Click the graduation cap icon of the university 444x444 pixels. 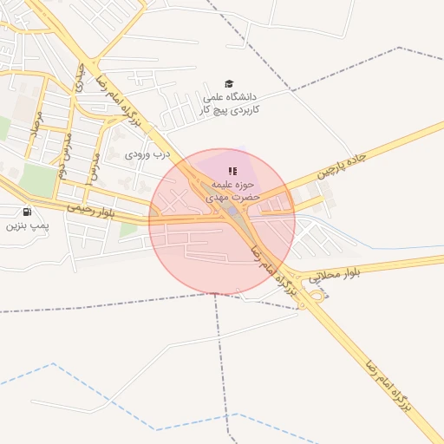click(229, 84)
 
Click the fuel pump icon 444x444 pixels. click(28, 212)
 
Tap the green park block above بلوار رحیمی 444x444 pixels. click(36, 180)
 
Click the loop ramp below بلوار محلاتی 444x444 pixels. click(319, 295)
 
